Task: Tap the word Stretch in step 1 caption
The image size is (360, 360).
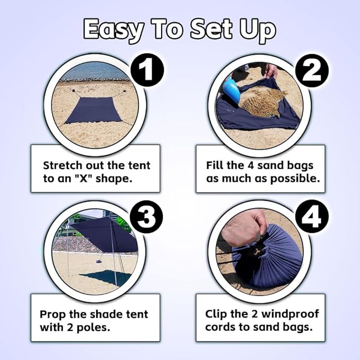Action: tap(62, 165)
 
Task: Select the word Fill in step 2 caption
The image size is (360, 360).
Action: tap(215, 165)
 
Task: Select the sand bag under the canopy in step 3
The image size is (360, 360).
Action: tap(98, 262)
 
